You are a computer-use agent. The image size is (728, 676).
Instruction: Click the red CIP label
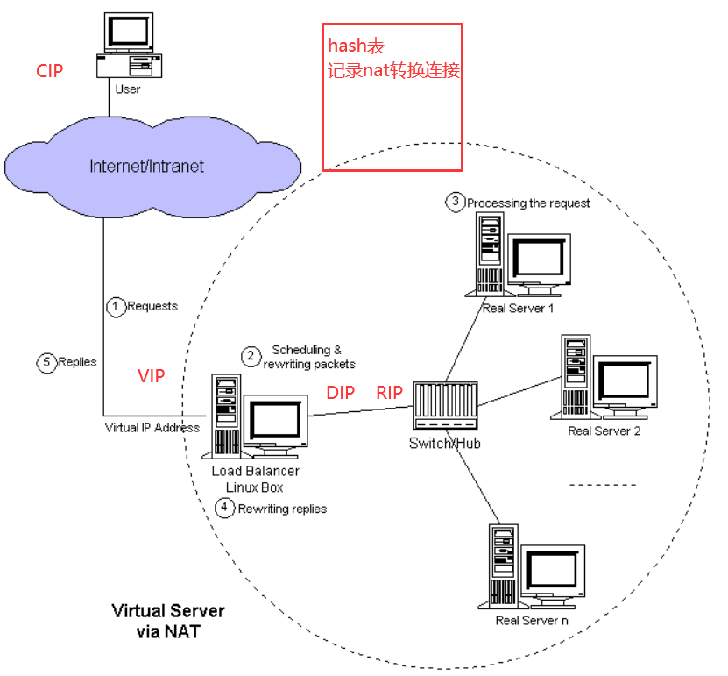click(x=50, y=71)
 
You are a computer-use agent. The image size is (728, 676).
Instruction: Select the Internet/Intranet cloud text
click(x=146, y=166)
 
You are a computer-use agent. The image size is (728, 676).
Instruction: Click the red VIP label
click(x=152, y=376)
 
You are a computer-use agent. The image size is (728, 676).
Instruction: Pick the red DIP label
click(x=341, y=393)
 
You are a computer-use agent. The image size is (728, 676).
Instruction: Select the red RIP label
click(x=390, y=393)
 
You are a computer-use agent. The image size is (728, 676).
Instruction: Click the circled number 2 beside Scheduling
click(x=251, y=356)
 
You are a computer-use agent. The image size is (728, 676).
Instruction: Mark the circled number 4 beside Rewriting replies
click(x=226, y=508)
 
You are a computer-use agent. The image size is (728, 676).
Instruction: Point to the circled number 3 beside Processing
click(x=456, y=202)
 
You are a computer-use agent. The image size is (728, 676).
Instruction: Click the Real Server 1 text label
click(x=518, y=308)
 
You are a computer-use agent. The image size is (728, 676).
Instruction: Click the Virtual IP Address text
click(x=152, y=428)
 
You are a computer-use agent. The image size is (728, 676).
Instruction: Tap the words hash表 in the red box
click(x=357, y=46)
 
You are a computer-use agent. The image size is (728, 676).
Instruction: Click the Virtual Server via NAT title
click(x=168, y=620)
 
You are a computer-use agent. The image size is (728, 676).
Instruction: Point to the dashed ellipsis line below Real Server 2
click(x=604, y=484)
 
